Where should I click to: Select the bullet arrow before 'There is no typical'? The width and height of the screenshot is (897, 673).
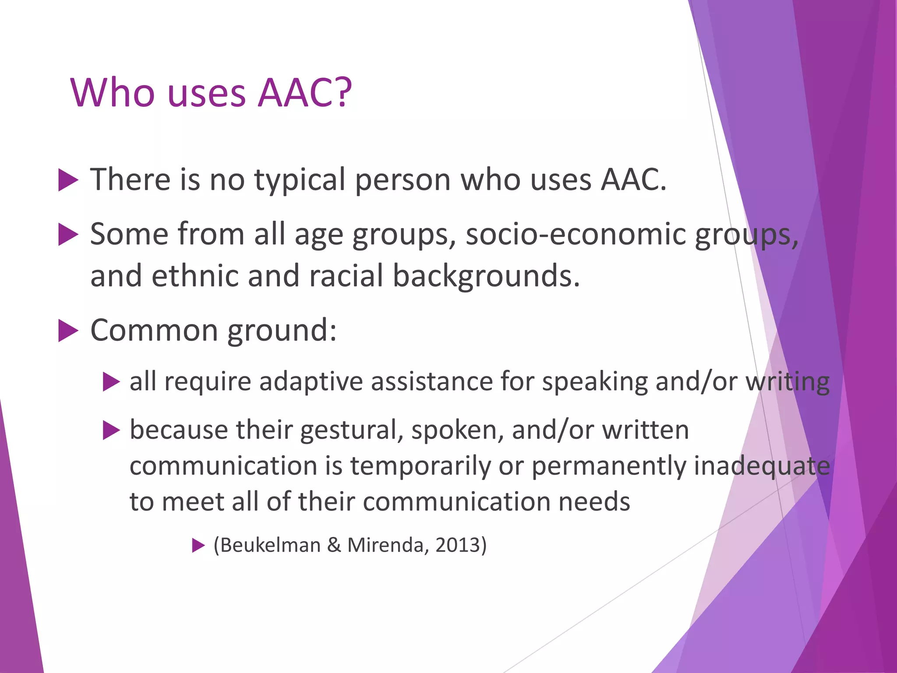(x=68, y=180)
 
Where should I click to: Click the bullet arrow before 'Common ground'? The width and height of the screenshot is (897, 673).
(x=68, y=331)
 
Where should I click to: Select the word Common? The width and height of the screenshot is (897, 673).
(x=154, y=330)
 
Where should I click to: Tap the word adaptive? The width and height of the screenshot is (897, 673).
(x=311, y=382)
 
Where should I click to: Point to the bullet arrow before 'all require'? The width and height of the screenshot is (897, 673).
(x=111, y=382)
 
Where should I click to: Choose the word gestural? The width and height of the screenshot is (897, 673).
(x=352, y=431)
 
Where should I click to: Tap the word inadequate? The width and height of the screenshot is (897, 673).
(x=762, y=466)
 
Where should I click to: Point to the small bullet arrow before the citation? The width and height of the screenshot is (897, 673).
(x=198, y=545)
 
